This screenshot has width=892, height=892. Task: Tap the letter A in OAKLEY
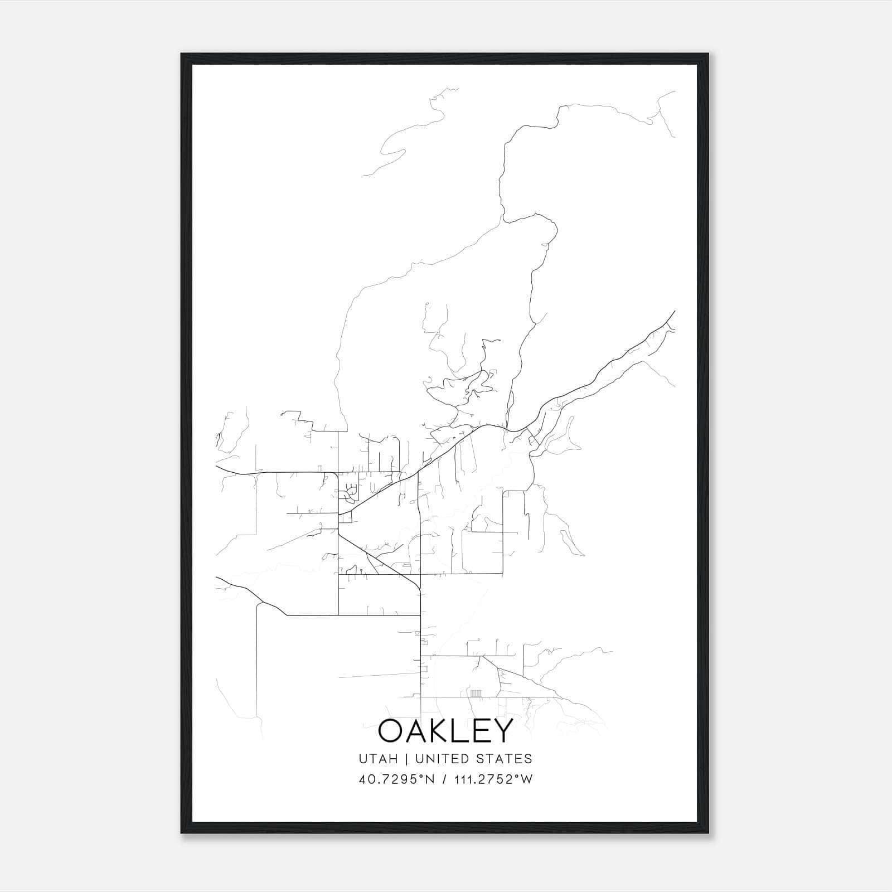[x=422, y=731]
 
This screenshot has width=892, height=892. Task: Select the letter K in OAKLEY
[x=449, y=731]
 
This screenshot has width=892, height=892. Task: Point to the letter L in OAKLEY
[x=471, y=731]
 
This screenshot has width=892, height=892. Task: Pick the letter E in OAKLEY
[x=489, y=731]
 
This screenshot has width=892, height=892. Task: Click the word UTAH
[x=379, y=759]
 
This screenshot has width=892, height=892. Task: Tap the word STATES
[x=506, y=759]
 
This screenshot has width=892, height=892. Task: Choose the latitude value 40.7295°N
[x=396, y=779]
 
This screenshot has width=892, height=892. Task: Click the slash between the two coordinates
[x=443, y=779]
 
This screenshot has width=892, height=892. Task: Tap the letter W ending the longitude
[x=527, y=779]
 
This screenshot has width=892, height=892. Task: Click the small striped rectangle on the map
[x=477, y=694]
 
